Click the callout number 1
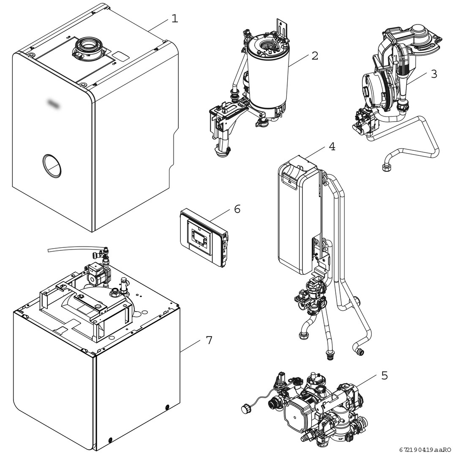coord(174,19)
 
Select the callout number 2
coord(314,56)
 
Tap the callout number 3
coord(434,73)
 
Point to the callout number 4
coord(332,147)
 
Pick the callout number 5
coord(384,375)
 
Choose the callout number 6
coord(237,209)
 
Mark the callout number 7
coord(209,340)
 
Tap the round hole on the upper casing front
coord(53,165)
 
